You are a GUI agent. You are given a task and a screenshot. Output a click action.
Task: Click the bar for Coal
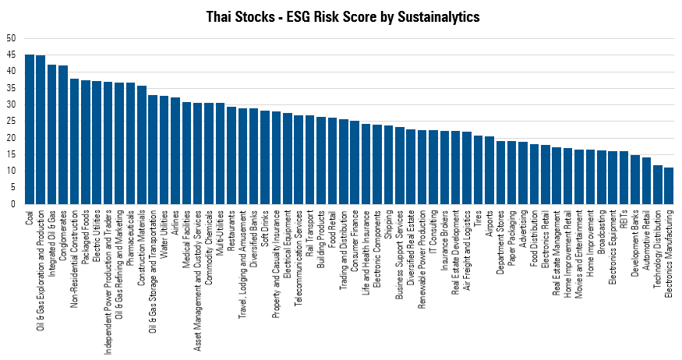(x=30, y=129)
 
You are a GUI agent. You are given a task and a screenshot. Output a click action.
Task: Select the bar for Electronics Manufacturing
(x=668, y=185)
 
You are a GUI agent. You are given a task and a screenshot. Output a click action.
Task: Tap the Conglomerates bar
(x=63, y=135)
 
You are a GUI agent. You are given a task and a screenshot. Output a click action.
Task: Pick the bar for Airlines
(x=175, y=150)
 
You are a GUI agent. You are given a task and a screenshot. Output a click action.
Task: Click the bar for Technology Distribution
(x=657, y=185)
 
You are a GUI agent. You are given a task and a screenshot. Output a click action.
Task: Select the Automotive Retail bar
(x=646, y=181)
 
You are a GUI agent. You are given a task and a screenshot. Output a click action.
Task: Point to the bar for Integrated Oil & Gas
(x=52, y=134)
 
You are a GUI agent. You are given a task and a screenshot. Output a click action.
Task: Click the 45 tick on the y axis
(x=9, y=55)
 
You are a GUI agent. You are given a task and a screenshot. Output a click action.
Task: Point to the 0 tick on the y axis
(x=12, y=204)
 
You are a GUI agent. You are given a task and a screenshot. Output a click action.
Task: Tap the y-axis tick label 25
(x=9, y=121)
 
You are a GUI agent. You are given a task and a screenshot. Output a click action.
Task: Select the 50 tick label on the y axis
(x=9, y=38)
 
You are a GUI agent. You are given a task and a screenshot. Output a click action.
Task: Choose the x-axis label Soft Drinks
(x=265, y=231)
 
